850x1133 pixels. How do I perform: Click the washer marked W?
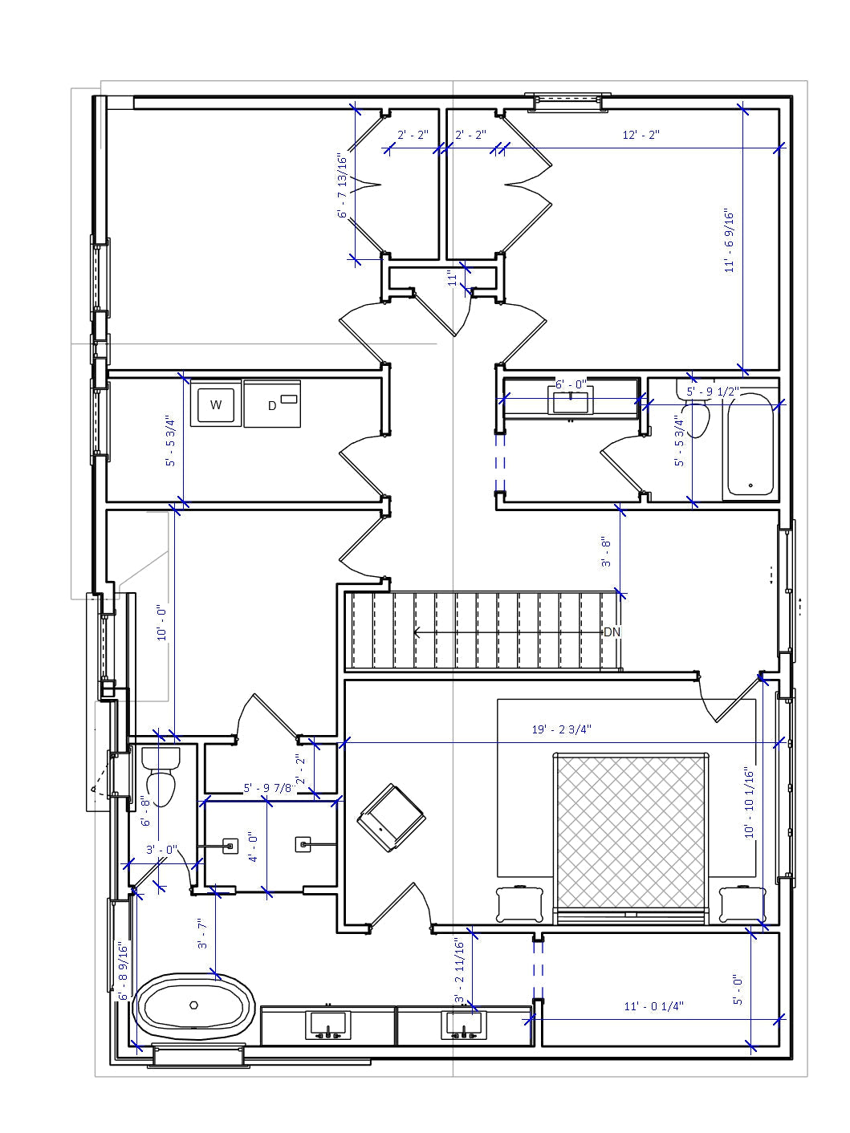[x=216, y=404]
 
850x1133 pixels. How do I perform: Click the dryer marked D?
[x=272, y=404]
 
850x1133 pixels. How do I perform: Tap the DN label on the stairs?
[x=612, y=632]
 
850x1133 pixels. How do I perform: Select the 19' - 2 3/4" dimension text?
[x=562, y=729]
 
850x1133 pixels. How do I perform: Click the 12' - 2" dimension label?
[x=641, y=135]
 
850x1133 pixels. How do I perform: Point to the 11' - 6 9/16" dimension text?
[x=730, y=241]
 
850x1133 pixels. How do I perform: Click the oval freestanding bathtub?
[x=194, y=1005]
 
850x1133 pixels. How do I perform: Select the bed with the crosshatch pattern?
[x=631, y=835]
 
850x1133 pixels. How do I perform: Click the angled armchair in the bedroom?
[x=391, y=818]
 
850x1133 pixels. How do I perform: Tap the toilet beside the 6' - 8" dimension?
[x=161, y=777]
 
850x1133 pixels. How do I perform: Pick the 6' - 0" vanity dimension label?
[x=571, y=385]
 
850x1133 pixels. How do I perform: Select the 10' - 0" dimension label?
[x=163, y=623]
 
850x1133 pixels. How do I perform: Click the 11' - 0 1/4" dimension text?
[x=654, y=1006]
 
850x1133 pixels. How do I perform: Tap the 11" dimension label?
[x=453, y=279]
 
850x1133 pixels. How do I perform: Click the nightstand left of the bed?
[x=520, y=904]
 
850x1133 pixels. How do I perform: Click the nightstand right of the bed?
[x=742, y=904]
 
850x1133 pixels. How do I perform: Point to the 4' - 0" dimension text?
[x=253, y=847]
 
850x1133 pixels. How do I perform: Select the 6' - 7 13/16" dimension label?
[x=344, y=186]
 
